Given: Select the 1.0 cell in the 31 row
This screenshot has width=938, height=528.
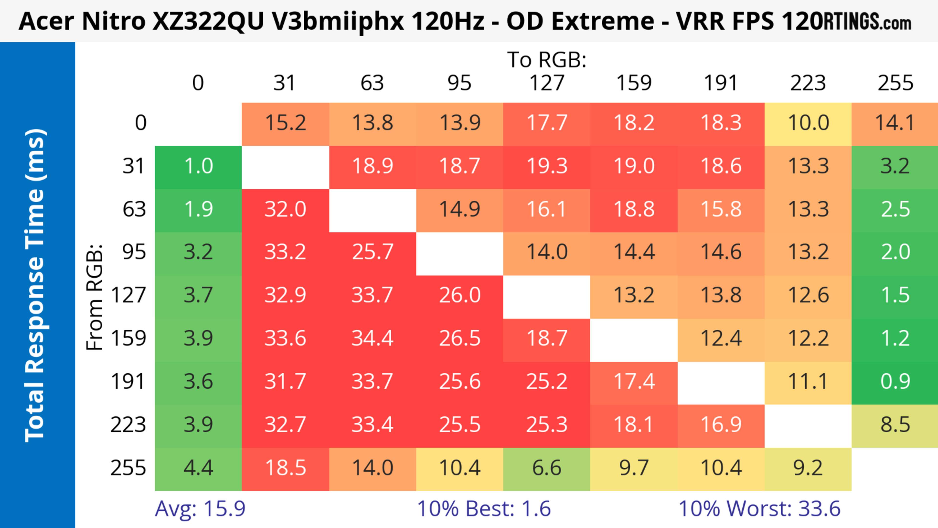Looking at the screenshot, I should coord(198,166).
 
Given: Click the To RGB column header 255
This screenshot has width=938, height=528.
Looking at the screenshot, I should coord(895,83).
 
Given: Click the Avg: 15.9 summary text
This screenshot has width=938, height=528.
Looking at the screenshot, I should coord(200,509).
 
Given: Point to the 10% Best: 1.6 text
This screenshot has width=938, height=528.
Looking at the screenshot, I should coord(484,509).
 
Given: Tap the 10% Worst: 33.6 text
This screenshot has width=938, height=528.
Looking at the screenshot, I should coord(759,509).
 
